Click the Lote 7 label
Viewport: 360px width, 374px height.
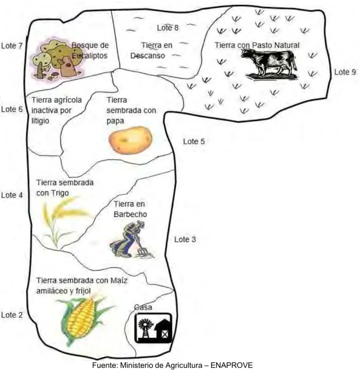tap(12, 46)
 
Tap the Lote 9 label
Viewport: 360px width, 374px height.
tap(345, 72)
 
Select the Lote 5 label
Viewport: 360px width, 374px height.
tap(194, 141)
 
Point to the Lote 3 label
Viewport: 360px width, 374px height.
tap(185, 240)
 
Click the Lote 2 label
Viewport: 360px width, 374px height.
tap(12, 315)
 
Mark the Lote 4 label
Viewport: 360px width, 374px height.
tap(12, 195)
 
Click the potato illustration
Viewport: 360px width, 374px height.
tap(130, 140)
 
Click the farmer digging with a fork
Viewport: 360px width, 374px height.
tap(132, 240)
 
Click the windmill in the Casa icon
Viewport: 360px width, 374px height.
tap(145, 328)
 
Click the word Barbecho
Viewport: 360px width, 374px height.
tap(130, 214)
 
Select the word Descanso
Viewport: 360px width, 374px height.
tap(147, 55)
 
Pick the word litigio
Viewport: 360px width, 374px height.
tap(40, 121)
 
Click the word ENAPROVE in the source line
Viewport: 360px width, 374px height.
tap(231, 365)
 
